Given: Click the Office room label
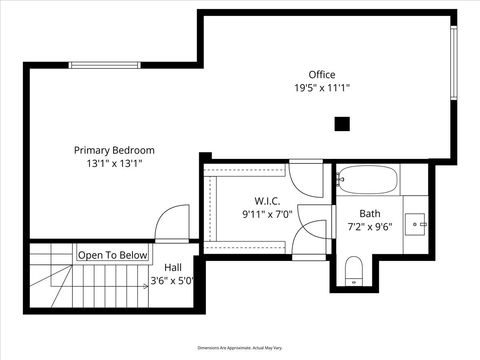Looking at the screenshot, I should (x=322, y=74).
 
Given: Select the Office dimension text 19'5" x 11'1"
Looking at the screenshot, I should (x=322, y=88).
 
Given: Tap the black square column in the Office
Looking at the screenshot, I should (x=342, y=123).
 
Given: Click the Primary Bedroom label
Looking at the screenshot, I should (x=114, y=150).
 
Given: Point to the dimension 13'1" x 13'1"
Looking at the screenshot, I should (x=114, y=163).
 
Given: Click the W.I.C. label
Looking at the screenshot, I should (x=266, y=200).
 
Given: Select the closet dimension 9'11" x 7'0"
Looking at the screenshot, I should (x=266, y=214).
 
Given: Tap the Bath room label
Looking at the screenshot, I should (x=370, y=213).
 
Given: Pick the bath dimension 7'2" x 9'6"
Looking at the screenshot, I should (x=370, y=227).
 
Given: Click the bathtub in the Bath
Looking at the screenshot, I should (x=367, y=180).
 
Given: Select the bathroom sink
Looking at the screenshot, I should (x=417, y=223).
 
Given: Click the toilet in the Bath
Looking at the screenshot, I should (x=352, y=271).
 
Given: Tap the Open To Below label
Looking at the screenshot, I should (x=113, y=255).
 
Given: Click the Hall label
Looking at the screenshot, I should (x=173, y=267).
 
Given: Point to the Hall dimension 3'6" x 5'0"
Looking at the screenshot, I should (x=171, y=281).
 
